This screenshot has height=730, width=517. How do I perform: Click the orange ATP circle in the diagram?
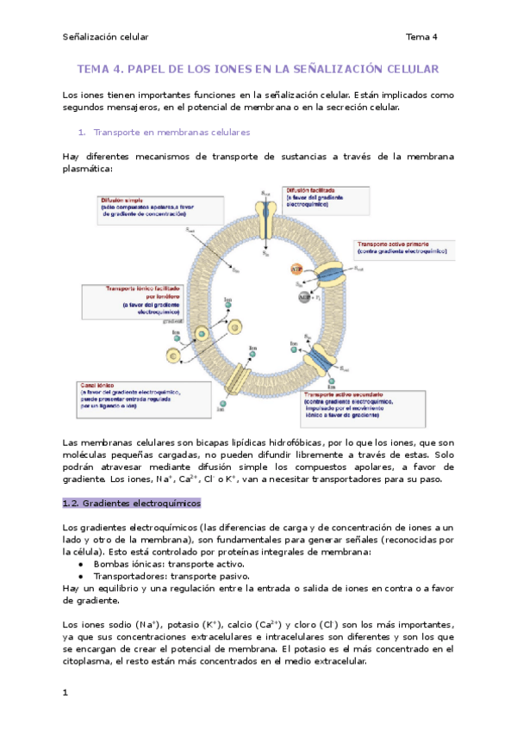point(296,270)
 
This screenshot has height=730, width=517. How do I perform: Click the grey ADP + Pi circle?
point(303,298)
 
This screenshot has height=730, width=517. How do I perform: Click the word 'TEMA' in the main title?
point(95,69)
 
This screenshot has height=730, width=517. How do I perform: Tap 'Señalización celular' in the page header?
point(106,37)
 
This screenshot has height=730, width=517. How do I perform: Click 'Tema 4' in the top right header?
point(422,37)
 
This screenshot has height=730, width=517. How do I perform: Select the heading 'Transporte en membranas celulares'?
point(171,133)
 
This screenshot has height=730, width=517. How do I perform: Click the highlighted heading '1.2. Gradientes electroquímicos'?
point(131,502)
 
